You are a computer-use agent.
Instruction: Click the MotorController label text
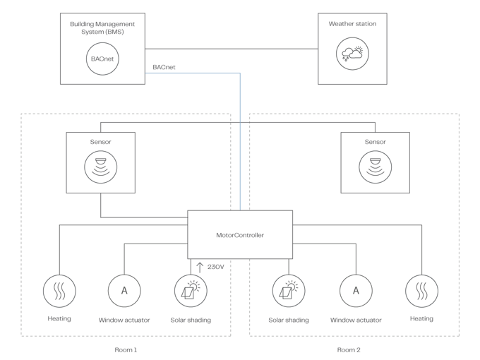click(240, 235)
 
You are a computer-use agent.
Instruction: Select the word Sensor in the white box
click(101, 142)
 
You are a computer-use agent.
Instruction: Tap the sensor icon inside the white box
click(101, 167)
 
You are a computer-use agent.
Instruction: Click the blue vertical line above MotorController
click(241, 141)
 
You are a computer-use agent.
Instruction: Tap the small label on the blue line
click(164, 67)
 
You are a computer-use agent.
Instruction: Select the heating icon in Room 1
click(59, 290)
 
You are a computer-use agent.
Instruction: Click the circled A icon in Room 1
click(124, 290)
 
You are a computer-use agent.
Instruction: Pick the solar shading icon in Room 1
click(191, 290)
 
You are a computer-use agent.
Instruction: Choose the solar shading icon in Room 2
click(289, 290)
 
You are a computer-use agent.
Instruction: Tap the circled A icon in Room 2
click(355, 290)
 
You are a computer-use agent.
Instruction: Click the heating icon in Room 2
click(421, 290)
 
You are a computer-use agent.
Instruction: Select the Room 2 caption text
click(349, 349)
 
